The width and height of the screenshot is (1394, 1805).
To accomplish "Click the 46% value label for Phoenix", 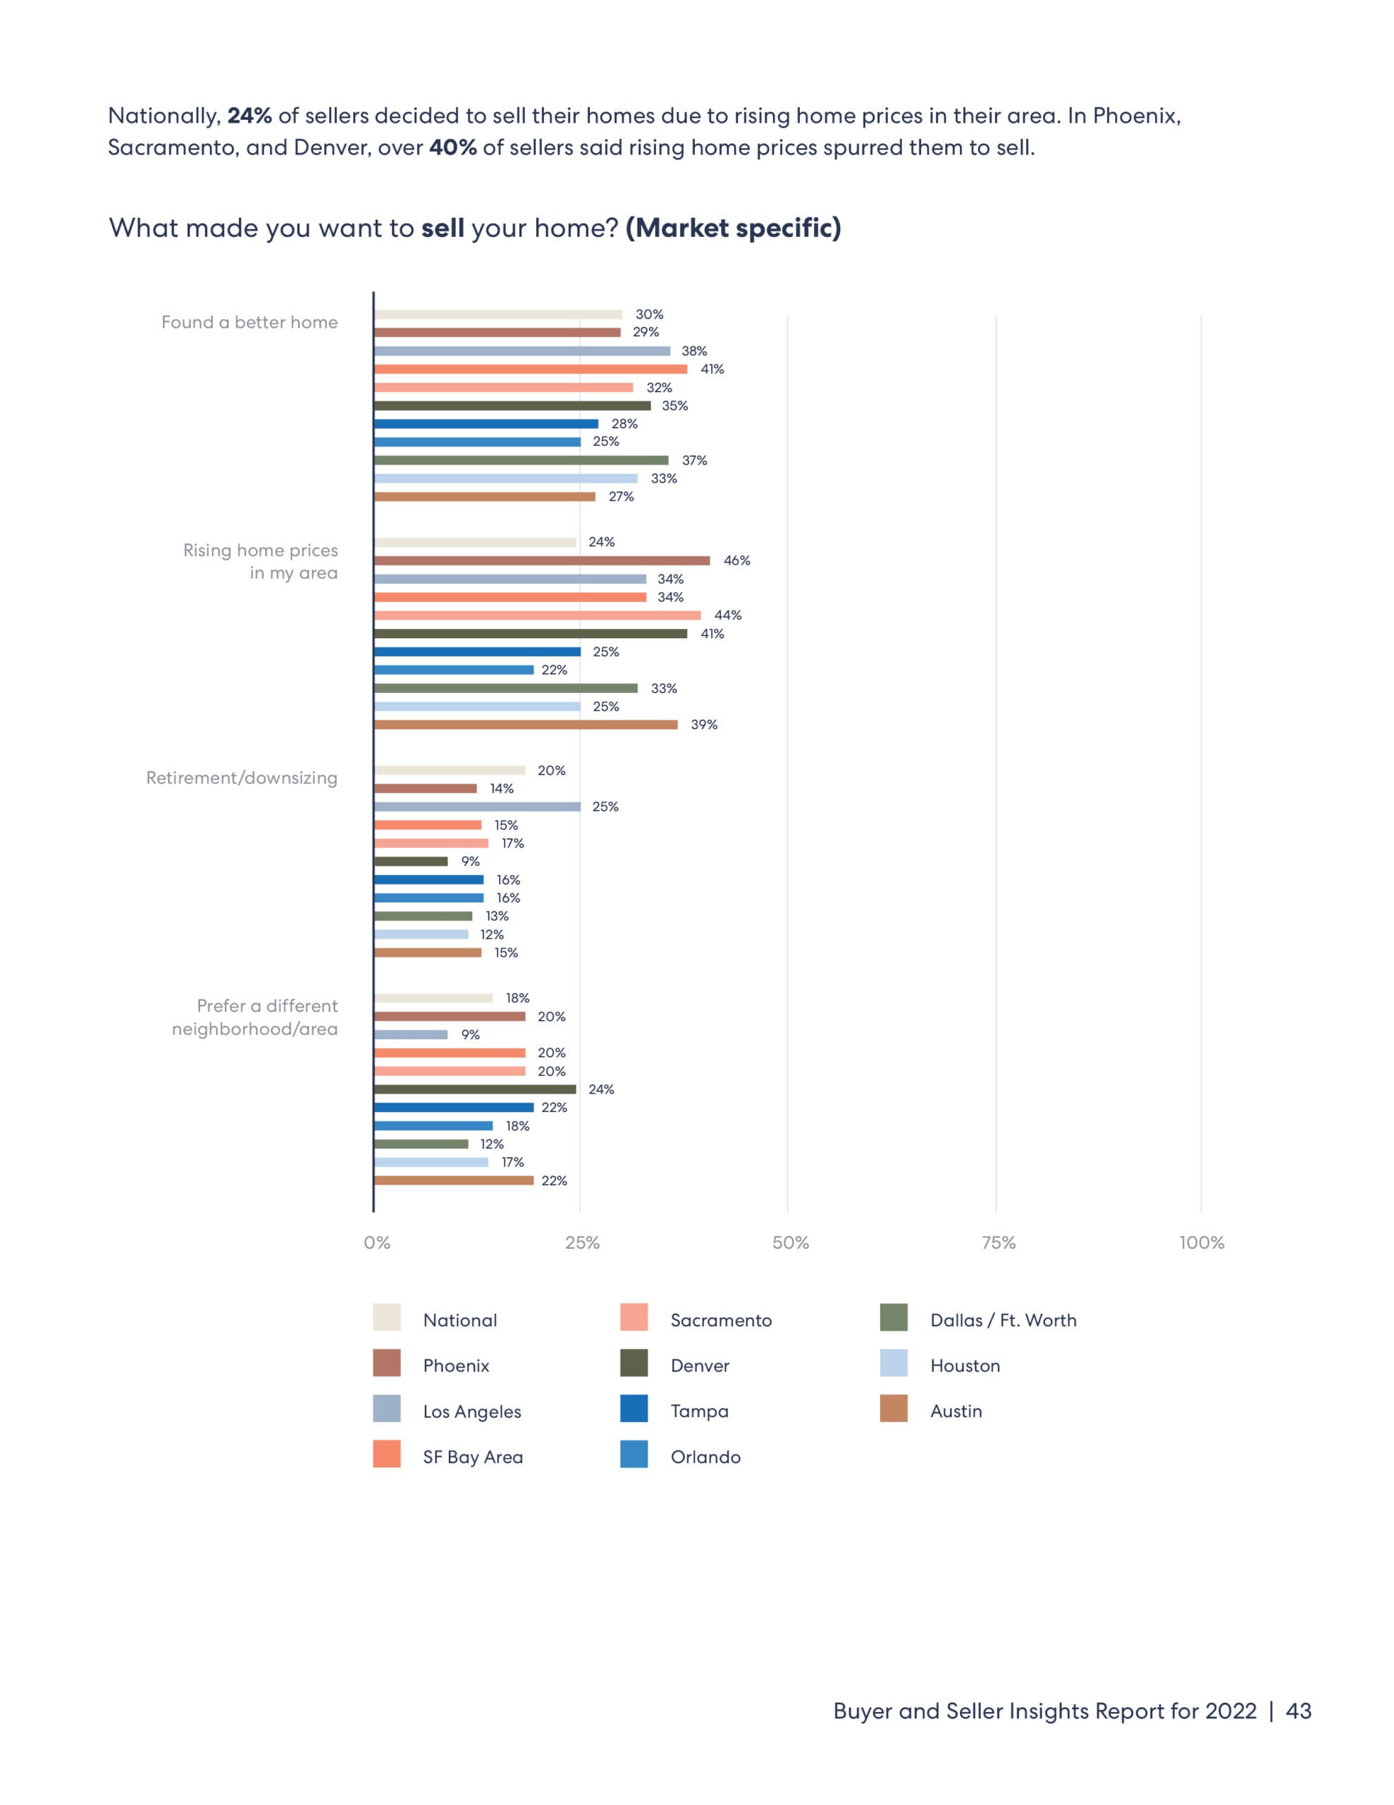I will click(x=736, y=561).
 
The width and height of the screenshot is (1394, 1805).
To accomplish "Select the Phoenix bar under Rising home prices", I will click(x=541, y=561).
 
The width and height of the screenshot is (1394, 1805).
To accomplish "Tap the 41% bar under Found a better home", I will click(x=530, y=369).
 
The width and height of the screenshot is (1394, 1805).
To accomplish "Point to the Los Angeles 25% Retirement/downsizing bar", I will click(x=477, y=807).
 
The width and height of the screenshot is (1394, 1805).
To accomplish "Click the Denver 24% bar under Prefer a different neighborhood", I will click(x=474, y=1089).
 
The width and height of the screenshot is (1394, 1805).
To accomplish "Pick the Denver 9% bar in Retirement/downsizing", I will click(x=411, y=861).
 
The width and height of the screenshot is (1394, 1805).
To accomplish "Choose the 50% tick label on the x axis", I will click(x=790, y=1242).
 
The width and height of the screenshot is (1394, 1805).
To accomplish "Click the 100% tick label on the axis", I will click(x=1202, y=1242).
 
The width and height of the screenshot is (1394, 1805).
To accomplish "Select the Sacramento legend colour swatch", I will click(x=634, y=1317).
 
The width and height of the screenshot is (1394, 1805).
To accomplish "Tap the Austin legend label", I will click(x=956, y=1411).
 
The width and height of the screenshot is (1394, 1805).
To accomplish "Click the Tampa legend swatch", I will click(x=634, y=1408).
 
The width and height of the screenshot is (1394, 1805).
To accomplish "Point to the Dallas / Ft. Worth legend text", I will click(x=1003, y=1320).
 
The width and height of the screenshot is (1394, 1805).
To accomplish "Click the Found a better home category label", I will click(x=249, y=322).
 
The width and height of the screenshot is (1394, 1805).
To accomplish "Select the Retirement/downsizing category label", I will click(x=242, y=778).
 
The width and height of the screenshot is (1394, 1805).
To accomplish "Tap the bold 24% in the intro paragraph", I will click(x=249, y=116).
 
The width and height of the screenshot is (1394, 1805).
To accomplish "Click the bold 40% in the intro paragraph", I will click(x=453, y=148).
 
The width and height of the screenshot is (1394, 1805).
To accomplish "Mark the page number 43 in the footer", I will click(x=1298, y=1711).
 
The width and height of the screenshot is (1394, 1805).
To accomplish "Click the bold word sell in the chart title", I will click(x=443, y=228).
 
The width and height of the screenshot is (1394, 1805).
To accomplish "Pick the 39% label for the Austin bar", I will click(x=704, y=725).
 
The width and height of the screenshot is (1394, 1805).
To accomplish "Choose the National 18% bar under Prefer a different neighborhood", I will click(x=433, y=998).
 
